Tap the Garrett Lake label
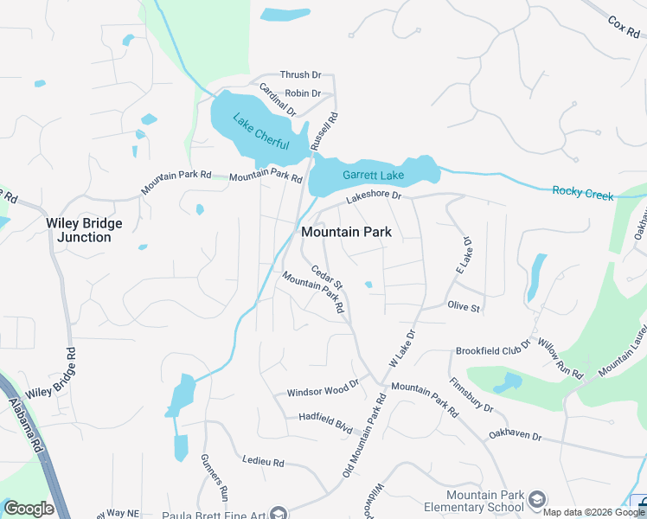(x=373, y=176)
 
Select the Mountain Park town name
(x=346, y=232)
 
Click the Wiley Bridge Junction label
(x=84, y=230)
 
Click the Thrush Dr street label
(x=300, y=76)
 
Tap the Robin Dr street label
(x=303, y=93)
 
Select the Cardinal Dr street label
(x=278, y=99)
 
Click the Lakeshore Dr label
(x=375, y=197)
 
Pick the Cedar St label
(x=328, y=278)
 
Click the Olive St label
(x=463, y=306)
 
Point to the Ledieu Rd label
(x=264, y=462)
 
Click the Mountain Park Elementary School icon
(x=537, y=499)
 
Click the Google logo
(x=29, y=509)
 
